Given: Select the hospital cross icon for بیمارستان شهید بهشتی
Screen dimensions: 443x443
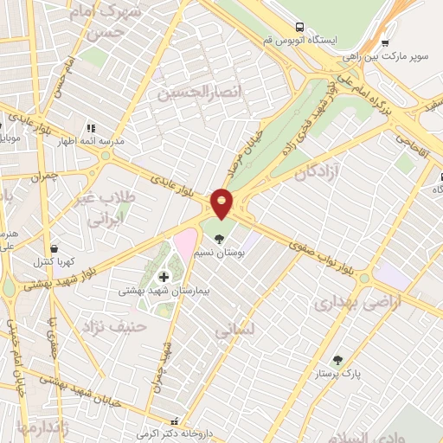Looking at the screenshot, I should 164,277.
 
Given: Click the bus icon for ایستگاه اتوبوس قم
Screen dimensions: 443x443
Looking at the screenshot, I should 299,28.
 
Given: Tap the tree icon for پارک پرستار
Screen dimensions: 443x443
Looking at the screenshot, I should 337,360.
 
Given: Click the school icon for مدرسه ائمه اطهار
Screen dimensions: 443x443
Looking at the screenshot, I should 90,128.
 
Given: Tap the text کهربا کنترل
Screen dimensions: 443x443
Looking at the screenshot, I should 56,261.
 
